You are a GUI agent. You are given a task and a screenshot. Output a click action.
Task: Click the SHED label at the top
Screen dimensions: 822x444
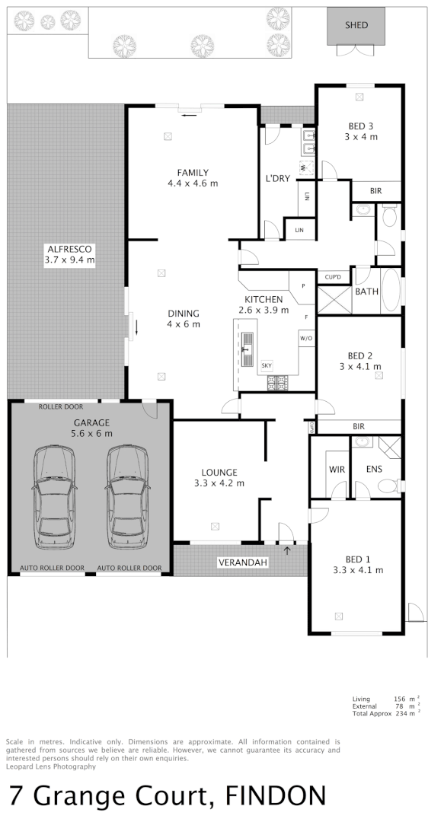356,25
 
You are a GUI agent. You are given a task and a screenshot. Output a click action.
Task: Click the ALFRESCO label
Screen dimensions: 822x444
69,254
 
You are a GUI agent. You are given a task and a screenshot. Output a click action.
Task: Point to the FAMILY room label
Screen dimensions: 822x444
193,177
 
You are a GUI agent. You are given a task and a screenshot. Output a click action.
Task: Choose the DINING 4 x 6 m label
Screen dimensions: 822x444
183,318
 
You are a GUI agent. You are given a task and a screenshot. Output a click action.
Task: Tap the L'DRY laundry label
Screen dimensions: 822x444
277,178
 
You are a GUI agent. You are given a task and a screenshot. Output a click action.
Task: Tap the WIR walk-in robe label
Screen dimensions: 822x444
336,469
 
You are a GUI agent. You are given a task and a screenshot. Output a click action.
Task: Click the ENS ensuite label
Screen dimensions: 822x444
374,469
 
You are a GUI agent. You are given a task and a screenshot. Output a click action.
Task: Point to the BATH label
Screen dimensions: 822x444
366,292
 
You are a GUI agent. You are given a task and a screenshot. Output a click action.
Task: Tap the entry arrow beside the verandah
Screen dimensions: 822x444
287,550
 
